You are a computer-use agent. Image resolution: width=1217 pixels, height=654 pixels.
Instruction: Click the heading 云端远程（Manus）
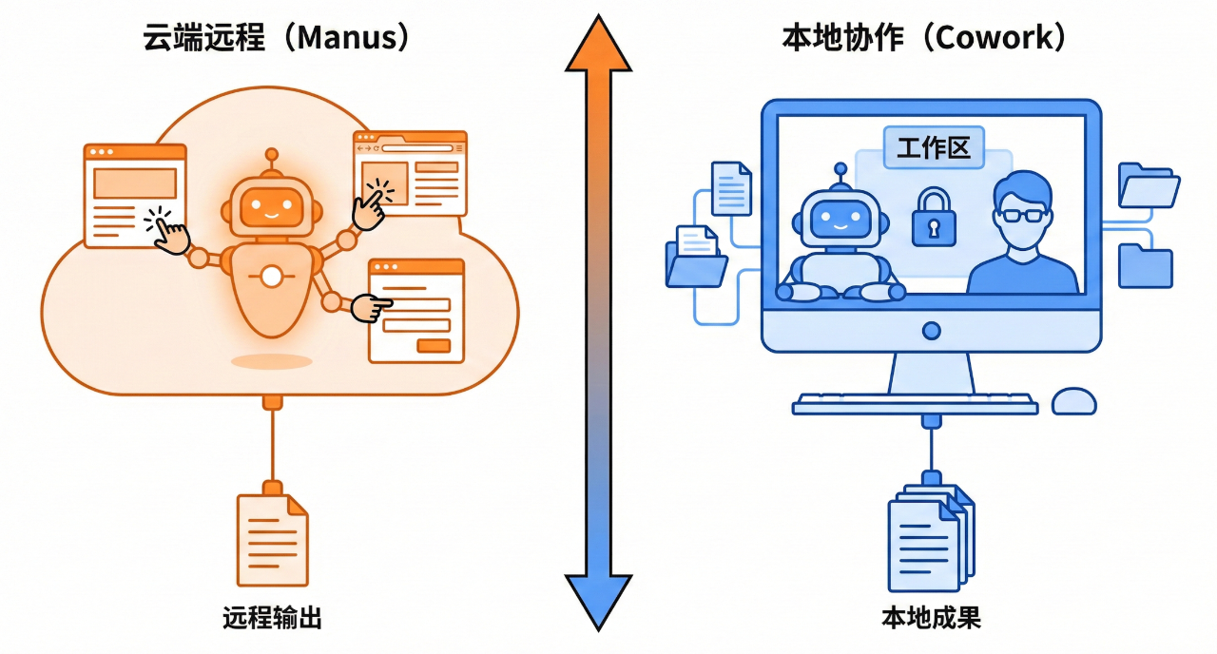pyautogui.click(x=277, y=38)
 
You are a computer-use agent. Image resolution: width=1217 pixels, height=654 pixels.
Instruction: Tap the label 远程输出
pyautogui.click(x=272, y=619)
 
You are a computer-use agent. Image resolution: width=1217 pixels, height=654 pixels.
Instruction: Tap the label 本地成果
pyautogui.click(x=931, y=619)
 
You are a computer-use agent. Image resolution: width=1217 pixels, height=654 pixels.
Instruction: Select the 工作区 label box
pyautogui.click(x=934, y=149)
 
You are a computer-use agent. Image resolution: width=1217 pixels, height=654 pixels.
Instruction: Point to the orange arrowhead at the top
pyautogui.click(x=598, y=45)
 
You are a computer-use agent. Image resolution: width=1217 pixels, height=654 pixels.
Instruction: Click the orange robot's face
pyautogui.click(x=272, y=205)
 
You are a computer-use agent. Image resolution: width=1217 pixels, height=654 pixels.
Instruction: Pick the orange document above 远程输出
pyautogui.click(x=272, y=539)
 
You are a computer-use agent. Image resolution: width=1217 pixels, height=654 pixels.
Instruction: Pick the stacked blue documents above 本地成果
pyautogui.click(x=929, y=537)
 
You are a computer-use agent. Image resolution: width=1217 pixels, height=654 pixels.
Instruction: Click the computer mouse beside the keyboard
pyautogui.click(x=1073, y=400)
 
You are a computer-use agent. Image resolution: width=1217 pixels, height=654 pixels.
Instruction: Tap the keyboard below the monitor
pyautogui.click(x=915, y=404)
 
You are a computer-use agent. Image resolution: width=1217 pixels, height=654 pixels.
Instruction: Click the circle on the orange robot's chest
pyautogui.click(x=273, y=277)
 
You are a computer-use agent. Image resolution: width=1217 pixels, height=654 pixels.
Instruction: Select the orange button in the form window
pyautogui.click(x=434, y=346)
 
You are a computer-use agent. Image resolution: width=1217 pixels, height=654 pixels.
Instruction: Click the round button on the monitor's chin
pyautogui.click(x=931, y=331)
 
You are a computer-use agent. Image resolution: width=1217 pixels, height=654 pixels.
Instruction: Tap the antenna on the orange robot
pyautogui.click(x=272, y=162)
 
